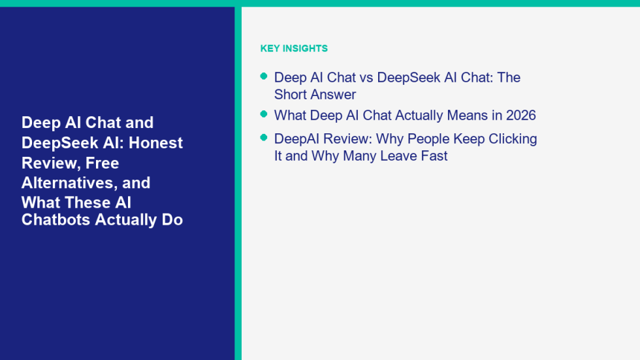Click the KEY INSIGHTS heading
pyautogui.click(x=294, y=48)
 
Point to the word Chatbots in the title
pyautogui.click(x=56, y=220)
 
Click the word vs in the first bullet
pyautogui.click(x=366, y=78)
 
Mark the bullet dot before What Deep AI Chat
pyautogui.click(x=264, y=114)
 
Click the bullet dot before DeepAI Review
pyautogui.click(x=264, y=138)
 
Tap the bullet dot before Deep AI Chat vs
pyautogui.click(x=264, y=76)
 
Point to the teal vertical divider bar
pyautogui.click(x=238, y=183)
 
